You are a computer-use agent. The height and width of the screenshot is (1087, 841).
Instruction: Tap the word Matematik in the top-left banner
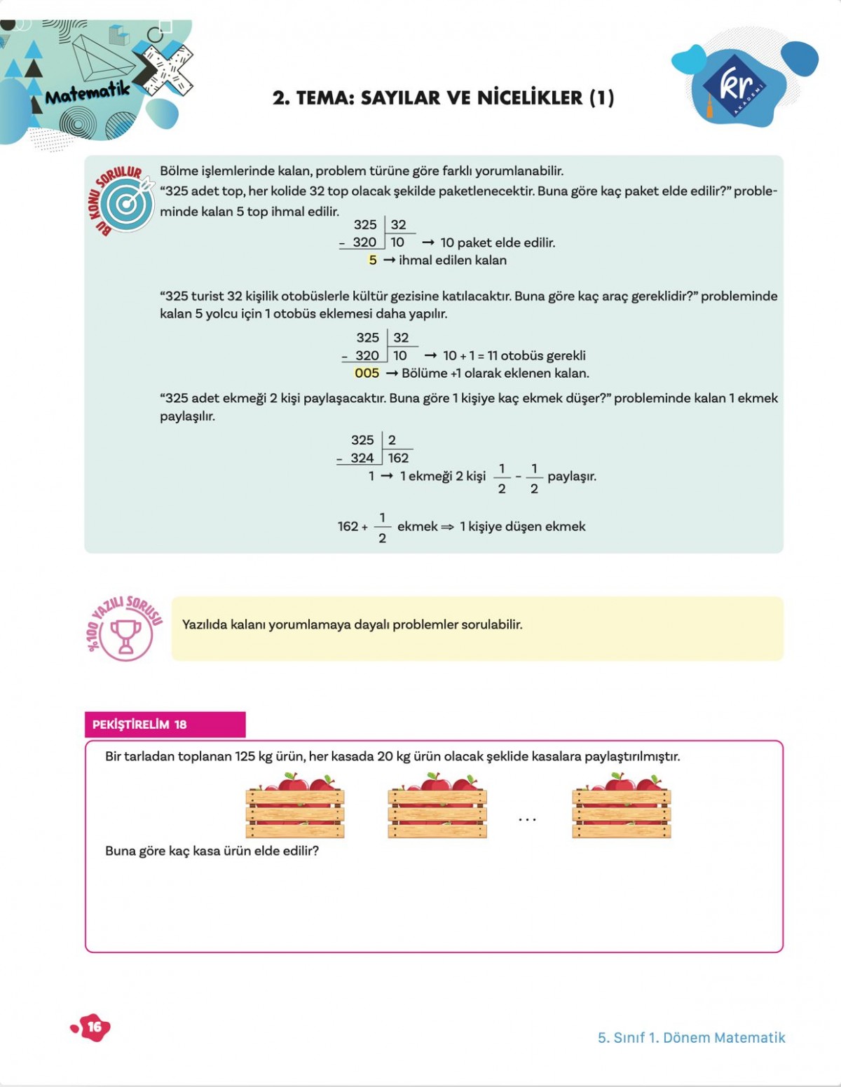(88, 92)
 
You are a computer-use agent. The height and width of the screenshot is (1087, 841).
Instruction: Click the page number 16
(94, 1027)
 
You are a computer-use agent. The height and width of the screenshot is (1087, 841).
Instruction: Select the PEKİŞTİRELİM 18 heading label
(139, 725)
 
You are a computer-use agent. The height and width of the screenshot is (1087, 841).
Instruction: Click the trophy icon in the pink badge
(126, 635)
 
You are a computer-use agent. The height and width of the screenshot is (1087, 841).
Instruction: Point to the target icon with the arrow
(127, 203)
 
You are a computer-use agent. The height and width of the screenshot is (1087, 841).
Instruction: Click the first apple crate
(295, 807)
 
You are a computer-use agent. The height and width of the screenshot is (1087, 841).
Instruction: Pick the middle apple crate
(437, 807)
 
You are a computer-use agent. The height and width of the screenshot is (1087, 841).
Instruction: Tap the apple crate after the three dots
(621, 807)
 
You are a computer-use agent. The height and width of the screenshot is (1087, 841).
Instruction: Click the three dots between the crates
(527, 819)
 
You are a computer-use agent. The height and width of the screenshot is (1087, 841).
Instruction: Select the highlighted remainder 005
(367, 374)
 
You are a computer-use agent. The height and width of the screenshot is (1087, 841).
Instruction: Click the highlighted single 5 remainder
(372, 260)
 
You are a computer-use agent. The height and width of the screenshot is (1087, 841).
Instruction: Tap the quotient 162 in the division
(398, 458)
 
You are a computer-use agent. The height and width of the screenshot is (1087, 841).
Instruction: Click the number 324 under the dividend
(362, 458)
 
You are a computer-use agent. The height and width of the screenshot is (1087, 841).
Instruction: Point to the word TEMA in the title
(325, 98)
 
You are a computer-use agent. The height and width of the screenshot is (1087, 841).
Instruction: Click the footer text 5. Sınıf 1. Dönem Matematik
(691, 1038)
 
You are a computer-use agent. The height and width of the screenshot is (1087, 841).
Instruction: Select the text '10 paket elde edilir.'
(498, 243)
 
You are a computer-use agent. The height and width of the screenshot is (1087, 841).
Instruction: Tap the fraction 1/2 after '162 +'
(382, 528)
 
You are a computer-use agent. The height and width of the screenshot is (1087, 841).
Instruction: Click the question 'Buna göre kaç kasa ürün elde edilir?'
(212, 852)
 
